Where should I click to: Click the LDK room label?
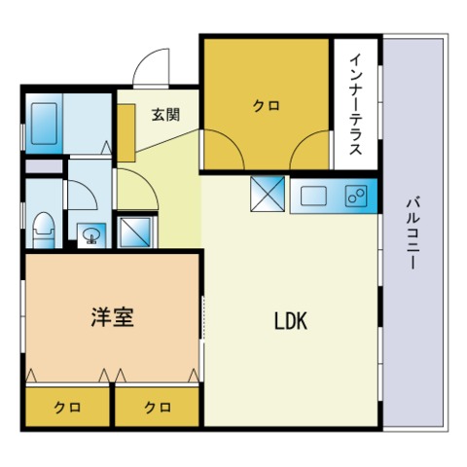point(291,321)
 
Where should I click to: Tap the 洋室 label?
point(112,317)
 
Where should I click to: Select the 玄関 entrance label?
point(165,115)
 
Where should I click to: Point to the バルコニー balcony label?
point(413,233)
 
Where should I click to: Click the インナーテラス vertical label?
point(356,104)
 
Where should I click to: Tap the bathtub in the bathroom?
point(45,124)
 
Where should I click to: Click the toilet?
point(44,230)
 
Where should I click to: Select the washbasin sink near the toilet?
point(91,234)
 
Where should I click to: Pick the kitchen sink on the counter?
point(313,196)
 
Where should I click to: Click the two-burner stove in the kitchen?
point(356,196)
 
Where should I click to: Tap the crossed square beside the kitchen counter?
point(268,194)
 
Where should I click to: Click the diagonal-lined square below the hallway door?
point(135,232)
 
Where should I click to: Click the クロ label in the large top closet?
point(266,106)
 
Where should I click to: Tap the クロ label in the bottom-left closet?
point(67,408)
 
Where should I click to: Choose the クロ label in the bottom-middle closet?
point(158,408)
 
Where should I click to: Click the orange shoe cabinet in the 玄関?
point(126,133)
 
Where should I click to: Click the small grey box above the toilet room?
point(44,166)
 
